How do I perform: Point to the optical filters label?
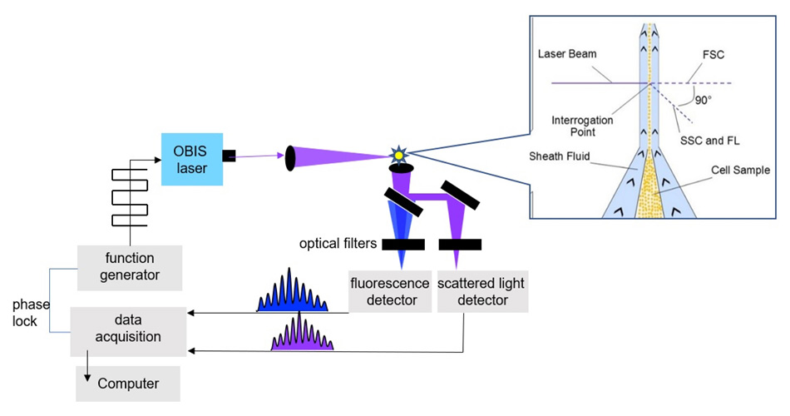pos(338,244)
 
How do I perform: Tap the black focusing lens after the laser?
pos(290,157)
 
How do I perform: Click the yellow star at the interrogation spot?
pos(399,155)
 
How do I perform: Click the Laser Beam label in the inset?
pos(578,53)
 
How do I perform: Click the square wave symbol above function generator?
pos(130,193)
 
